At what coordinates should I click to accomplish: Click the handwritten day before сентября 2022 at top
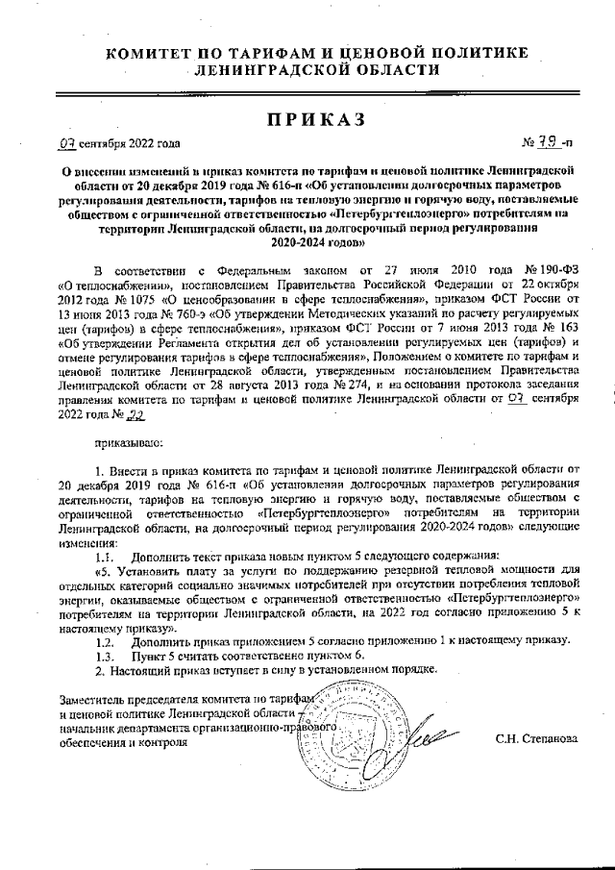(x=66, y=144)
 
